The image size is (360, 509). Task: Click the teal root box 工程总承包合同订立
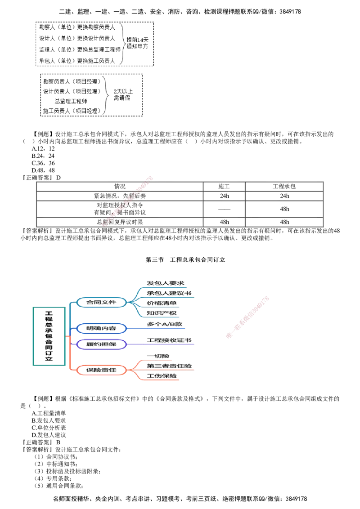tap(49, 336)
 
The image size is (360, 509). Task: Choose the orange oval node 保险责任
tap(101, 370)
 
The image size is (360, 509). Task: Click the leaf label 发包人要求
tap(165, 283)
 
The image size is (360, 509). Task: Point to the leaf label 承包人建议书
tap(168, 293)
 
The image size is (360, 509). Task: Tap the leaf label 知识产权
tap(162, 313)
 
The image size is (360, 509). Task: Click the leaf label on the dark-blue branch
tap(165, 324)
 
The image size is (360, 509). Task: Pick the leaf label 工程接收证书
tap(170, 341)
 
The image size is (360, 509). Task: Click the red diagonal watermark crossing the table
tap(128, 200)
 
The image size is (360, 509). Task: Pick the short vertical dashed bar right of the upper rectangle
tap(153, 55)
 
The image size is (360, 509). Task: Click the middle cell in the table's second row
tap(224, 196)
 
